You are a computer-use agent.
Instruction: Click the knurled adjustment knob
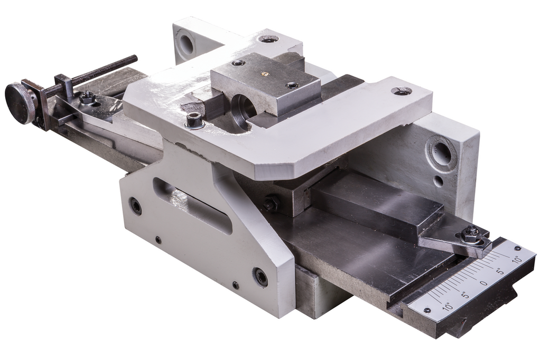pyautogui.click(x=20, y=103)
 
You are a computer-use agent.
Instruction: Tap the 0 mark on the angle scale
pyautogui.click(x=484, y=283)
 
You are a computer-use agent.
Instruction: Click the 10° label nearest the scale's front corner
pyautogui.click(x=447, y=305)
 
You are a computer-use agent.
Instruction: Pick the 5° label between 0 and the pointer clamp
pyautogui.click(x=501, y=271)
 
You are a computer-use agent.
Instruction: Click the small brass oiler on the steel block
pyautogui.click(x=264, y=72)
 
